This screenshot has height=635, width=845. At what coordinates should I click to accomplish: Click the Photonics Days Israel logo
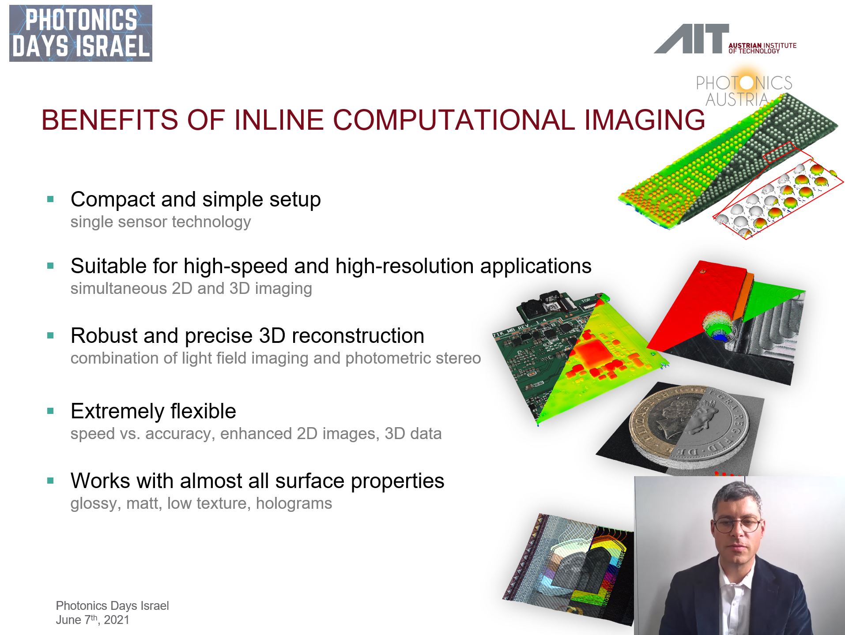[x=81, y=34]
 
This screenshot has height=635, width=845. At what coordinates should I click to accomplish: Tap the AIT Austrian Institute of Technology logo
[x=725, y=39]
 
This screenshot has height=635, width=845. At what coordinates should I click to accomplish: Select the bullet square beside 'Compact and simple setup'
[x=50, y=199]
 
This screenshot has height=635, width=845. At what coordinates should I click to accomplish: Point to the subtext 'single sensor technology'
[x=161, y=222]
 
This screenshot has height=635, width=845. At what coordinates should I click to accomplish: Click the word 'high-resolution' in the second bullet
[x=405, y=266]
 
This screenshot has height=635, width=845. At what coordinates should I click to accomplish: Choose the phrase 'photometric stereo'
[x=413, y=358]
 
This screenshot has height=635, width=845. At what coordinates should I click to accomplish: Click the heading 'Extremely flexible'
[x=153, y=411]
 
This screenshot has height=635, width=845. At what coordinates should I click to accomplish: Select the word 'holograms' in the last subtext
[x=294, y=503]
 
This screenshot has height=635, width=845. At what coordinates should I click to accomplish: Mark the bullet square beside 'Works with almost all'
[x=50, y=481]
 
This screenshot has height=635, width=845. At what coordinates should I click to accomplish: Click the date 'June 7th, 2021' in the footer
[x=93, y=620]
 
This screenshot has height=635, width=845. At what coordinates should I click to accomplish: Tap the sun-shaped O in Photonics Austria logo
[x=746, y=83]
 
